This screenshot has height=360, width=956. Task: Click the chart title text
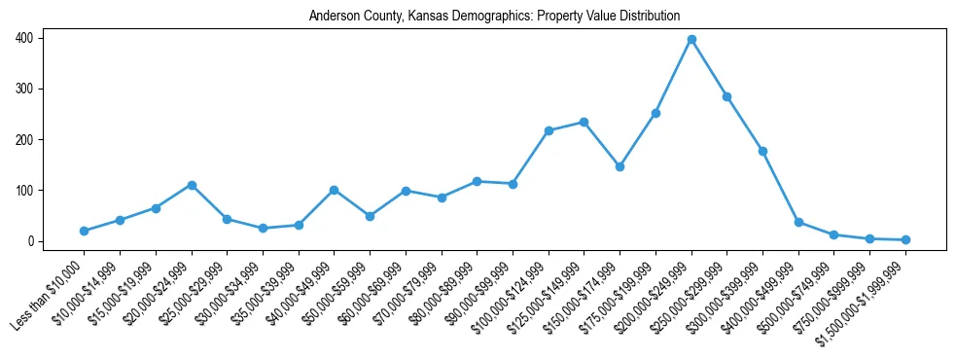[494, 17]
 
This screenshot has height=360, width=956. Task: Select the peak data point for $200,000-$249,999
[691, 40]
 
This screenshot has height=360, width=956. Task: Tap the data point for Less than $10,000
[85, 231]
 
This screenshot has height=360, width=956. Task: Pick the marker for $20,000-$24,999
[192, 185]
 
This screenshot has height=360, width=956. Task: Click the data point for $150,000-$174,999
[620, 166]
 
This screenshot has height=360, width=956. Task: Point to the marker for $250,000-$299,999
[726, 96]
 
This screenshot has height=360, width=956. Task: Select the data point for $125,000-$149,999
[584, 122]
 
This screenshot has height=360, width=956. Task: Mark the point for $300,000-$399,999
[762, 151]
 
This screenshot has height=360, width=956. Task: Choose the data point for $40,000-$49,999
[334, 190]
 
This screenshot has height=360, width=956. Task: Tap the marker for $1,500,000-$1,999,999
[905, 239]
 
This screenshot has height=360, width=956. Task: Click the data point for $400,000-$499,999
[798, 223]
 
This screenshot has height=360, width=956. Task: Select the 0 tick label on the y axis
[33, 241]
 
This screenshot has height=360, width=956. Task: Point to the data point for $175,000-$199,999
[655, 113]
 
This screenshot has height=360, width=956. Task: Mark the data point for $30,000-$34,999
[263, 228]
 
